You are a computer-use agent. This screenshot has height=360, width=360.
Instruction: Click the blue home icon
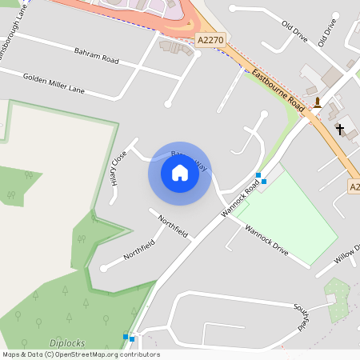pos(180,173)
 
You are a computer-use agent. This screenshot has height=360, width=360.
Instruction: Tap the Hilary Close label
pos(119,167)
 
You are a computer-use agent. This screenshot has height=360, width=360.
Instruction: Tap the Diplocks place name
pos(66,343)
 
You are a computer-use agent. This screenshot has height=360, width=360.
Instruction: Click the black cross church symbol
pos(340,128)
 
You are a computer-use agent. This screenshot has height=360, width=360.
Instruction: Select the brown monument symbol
pos(318,102)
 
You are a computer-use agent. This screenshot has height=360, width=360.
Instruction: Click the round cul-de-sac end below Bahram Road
pos(167,103)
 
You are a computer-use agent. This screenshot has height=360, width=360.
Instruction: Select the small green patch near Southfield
pos(338,300)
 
